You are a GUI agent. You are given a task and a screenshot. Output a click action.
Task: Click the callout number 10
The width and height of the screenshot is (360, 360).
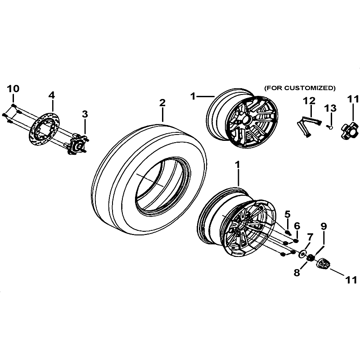point(13,89)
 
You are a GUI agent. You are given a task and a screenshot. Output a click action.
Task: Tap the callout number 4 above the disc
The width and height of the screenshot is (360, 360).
point(52,95)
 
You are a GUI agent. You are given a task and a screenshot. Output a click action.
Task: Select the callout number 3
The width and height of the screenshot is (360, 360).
point(85,114)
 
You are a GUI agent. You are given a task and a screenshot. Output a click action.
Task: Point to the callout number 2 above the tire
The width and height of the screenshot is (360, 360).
point(162,103)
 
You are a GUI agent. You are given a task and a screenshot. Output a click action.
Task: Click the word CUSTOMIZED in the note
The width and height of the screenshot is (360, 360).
point(308,88)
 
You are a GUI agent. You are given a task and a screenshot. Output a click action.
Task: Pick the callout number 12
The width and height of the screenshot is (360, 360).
point(309,100)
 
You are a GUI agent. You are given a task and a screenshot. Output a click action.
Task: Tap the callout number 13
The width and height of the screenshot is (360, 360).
point(330,108)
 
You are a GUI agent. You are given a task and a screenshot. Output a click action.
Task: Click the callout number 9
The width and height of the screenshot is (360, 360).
point(324,226)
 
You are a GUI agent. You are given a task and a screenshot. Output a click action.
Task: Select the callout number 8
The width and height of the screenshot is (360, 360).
point(297,273)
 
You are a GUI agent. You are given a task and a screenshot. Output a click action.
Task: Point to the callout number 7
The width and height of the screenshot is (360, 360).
point(310,237)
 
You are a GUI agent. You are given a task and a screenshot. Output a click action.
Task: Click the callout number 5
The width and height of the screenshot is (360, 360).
point(287,214)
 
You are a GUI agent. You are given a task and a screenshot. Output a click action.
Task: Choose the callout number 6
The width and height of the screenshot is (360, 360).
point(297,226)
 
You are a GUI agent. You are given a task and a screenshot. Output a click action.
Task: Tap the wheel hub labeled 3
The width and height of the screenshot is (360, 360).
point(77,144)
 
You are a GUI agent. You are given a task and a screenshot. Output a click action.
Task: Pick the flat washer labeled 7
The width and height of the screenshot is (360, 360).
point(302,254)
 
